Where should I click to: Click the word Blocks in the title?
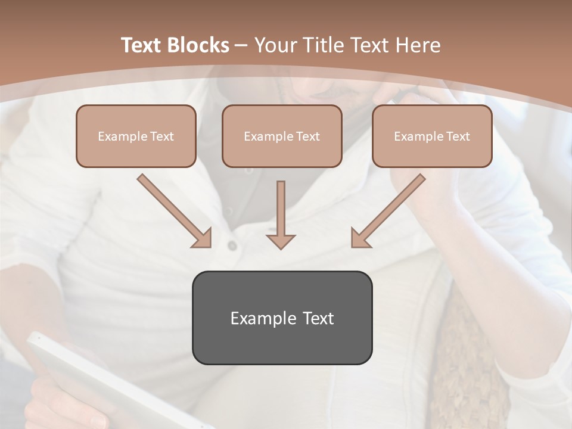click(200, 45)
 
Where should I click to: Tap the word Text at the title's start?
click(144, 45)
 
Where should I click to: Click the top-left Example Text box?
click(136, 136)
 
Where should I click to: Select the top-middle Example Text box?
click(282, 136)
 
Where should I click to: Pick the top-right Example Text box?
click(432, 136)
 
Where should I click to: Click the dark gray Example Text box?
click(282, 318)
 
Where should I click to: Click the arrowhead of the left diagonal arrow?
click(203, 239)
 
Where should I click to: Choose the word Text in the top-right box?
click(458, 136)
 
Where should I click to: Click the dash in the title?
click(242, 45)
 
